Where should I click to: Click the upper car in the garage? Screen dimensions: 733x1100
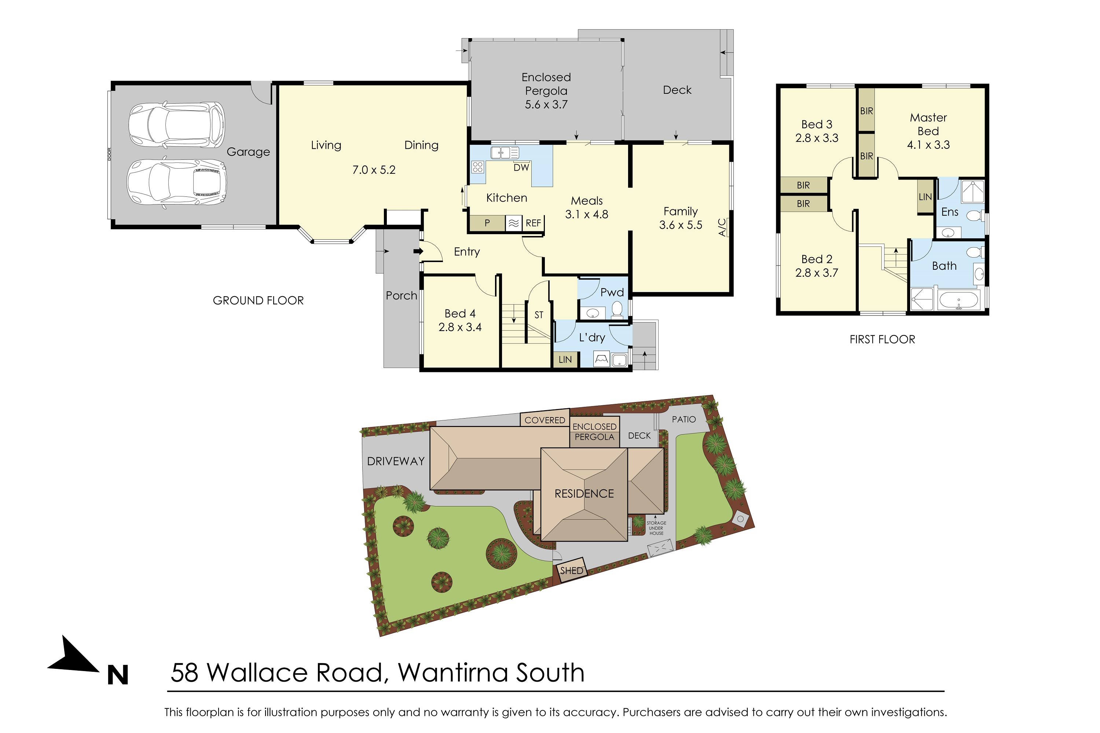point(176,125)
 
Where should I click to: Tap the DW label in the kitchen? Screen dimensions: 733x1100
point(521,167)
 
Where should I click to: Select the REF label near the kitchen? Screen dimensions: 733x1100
point(533,223)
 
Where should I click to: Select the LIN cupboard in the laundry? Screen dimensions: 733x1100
point(565,360)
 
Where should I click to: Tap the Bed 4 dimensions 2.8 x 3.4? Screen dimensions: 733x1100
point(460,327)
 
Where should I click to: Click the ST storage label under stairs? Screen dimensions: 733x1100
point(539,315)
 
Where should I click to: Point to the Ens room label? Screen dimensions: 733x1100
point(949,212)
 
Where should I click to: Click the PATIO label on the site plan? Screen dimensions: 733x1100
point(683,419)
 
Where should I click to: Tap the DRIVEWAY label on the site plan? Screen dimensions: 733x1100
point(396,461)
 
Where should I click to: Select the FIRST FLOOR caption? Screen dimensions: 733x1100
point(882,339)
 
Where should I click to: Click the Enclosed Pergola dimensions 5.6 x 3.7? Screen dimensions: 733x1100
point(546,104)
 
